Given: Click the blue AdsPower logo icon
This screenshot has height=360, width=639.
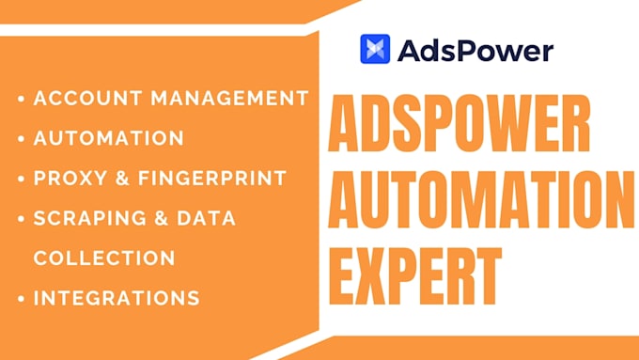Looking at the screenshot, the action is [375, 49].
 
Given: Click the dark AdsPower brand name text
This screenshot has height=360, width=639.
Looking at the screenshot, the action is [475, 51].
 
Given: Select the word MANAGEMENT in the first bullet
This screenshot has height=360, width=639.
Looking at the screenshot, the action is [230, 99].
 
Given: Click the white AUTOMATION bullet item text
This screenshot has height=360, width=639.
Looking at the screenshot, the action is [109, 138].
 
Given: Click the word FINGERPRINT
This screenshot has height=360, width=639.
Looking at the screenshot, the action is [212, 179].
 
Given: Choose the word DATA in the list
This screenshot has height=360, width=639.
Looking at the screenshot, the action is [206, 218].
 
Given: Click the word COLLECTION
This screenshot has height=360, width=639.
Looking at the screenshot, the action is [104, 258].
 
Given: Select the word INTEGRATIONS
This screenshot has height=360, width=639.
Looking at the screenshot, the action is [117, 298].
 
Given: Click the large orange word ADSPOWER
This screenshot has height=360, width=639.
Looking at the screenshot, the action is [460, 123].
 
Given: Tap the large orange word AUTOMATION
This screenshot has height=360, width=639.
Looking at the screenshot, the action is [481, 200].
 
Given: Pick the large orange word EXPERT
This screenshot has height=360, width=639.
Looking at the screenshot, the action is [414, 276].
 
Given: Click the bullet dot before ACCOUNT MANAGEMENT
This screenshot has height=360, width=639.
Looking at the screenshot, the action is [22, 99].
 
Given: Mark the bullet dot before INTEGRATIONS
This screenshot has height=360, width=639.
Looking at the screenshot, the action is [22, 299].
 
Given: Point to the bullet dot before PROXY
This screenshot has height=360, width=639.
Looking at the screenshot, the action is [22, 179].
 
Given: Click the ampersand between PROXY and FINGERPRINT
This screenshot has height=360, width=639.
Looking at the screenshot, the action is [123, 179].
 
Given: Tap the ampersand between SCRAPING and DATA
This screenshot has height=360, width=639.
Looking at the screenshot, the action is [162, 218].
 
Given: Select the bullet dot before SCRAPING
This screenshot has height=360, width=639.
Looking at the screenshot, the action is [22, 218].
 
